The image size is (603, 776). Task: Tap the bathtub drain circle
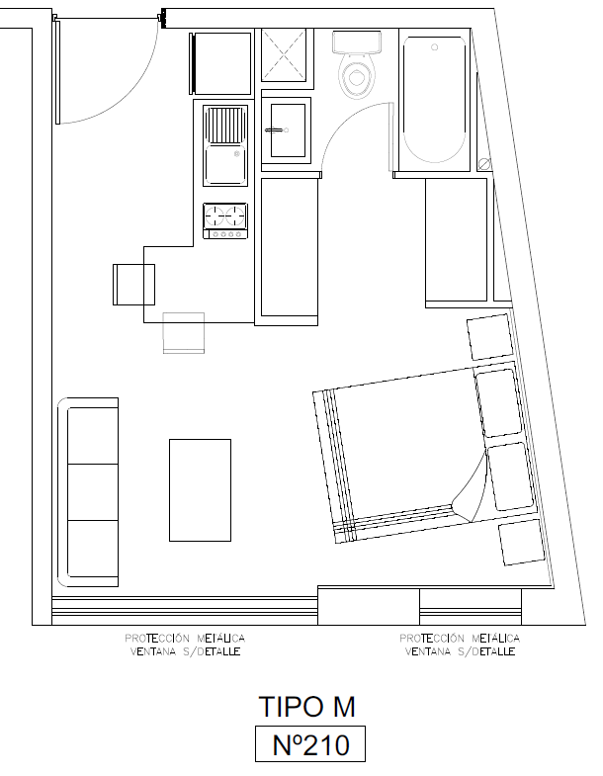point(435,47)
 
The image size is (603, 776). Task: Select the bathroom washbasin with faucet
point(287,130)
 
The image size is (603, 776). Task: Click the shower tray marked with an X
point(284,54)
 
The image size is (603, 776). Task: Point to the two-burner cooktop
point(224,220)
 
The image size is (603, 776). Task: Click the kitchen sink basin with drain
point(225,164)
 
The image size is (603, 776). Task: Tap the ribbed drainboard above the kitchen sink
point(225,125)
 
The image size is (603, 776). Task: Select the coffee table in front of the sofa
point(200,490)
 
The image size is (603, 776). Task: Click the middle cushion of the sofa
point(93,492)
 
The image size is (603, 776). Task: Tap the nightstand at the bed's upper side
point(489,337)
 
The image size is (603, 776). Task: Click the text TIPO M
point(307,707)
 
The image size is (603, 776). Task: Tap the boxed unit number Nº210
point(310,743)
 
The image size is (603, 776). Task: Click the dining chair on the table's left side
point(133,285)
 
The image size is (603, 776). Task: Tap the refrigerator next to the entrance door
point(220,63)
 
